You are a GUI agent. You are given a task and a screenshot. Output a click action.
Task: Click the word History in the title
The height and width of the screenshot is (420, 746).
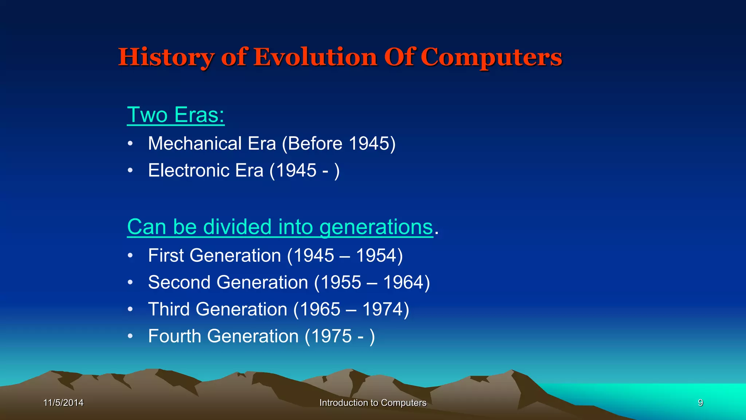click(x=166, y=58)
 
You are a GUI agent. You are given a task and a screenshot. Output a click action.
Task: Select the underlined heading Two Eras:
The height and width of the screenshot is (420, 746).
click(x=176, y=115)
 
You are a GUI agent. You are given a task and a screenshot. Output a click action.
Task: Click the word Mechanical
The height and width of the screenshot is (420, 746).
click(x=195, y=143)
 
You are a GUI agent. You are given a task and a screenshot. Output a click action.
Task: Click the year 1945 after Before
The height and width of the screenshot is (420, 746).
click(x=369, y=143)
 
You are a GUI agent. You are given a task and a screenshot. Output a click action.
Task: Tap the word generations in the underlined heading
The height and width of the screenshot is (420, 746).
click(x=376, y=227)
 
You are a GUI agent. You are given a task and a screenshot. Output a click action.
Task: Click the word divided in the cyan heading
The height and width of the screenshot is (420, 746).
click(x=237, y=227)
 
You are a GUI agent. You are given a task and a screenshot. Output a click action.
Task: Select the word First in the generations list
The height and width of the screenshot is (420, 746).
click(x=166, y=255)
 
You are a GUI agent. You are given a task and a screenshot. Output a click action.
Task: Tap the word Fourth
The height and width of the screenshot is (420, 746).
click(x=174, y=336)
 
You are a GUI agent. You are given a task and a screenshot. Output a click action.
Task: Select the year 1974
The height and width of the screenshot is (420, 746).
click(x=383, y=309)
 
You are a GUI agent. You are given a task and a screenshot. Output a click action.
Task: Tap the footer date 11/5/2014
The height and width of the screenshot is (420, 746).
click(x=63, y=403)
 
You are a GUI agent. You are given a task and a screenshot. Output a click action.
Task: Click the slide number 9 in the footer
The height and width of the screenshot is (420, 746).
click(x=700, y=403)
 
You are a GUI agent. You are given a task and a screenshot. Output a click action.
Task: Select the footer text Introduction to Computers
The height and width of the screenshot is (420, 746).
click(x=373, y=403)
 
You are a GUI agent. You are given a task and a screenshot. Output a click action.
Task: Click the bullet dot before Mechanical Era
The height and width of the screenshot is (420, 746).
click(x=130, y=144)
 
